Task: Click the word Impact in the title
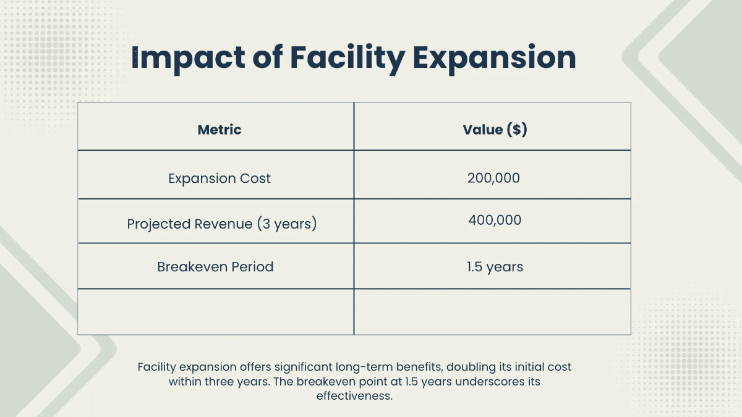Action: click(188, 59)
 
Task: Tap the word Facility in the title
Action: click(348, 59)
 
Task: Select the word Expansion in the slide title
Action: click(494, 59)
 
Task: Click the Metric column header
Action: click(220, 129)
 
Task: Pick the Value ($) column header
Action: click(495, 129)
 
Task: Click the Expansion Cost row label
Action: click(220, 179)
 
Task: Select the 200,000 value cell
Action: click(493, 178)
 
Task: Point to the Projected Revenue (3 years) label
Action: click(222, 224)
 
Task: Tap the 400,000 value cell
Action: click(495, 220)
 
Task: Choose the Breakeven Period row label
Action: click(215, 267)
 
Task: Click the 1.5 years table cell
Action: click(495, 267)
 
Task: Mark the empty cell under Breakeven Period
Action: click(216, 312)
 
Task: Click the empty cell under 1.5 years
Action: click(493, 312)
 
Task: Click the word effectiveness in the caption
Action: click(354, 396)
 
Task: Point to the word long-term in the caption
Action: click(364, 368)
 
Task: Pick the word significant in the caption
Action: click(303, 368)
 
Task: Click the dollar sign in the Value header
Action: click(517, 129)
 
